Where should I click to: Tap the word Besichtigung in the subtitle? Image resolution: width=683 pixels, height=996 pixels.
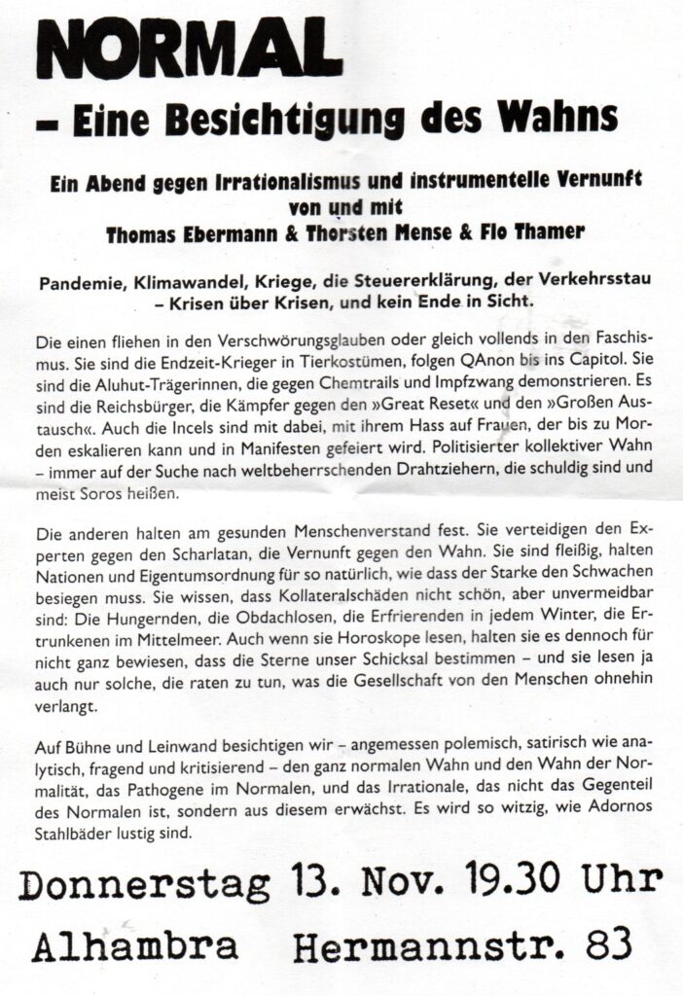pos(288,118)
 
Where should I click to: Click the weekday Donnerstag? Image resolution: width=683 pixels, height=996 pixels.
pos(144,886)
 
